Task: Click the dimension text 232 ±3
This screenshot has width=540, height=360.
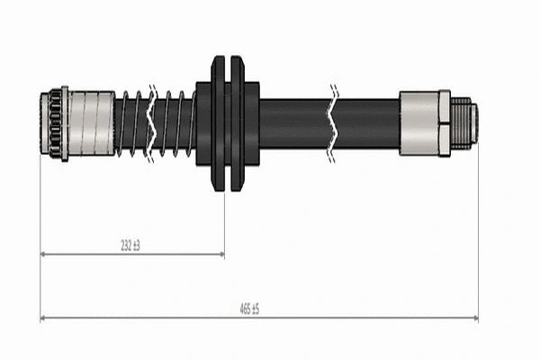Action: tap(130, 245)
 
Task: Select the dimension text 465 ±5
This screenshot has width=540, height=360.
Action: tap(249, 309)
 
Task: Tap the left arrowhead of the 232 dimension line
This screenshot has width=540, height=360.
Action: tap(44, 255)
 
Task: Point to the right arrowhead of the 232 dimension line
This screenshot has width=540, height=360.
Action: tap(220, 255)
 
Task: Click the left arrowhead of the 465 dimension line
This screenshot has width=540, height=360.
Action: tap(44, 318)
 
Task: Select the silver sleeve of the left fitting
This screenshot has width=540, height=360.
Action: tap(91, 123)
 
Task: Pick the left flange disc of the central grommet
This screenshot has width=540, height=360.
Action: tap(217, 123)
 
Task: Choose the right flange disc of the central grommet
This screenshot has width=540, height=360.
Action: tap(237, 123)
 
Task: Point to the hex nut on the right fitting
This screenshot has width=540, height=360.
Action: tap(444, 123)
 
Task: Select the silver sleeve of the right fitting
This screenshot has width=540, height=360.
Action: tap(418, 123)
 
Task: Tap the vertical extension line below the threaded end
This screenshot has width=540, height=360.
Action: tap(477, 234)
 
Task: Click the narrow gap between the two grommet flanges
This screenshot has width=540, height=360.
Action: tap(227, 123)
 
